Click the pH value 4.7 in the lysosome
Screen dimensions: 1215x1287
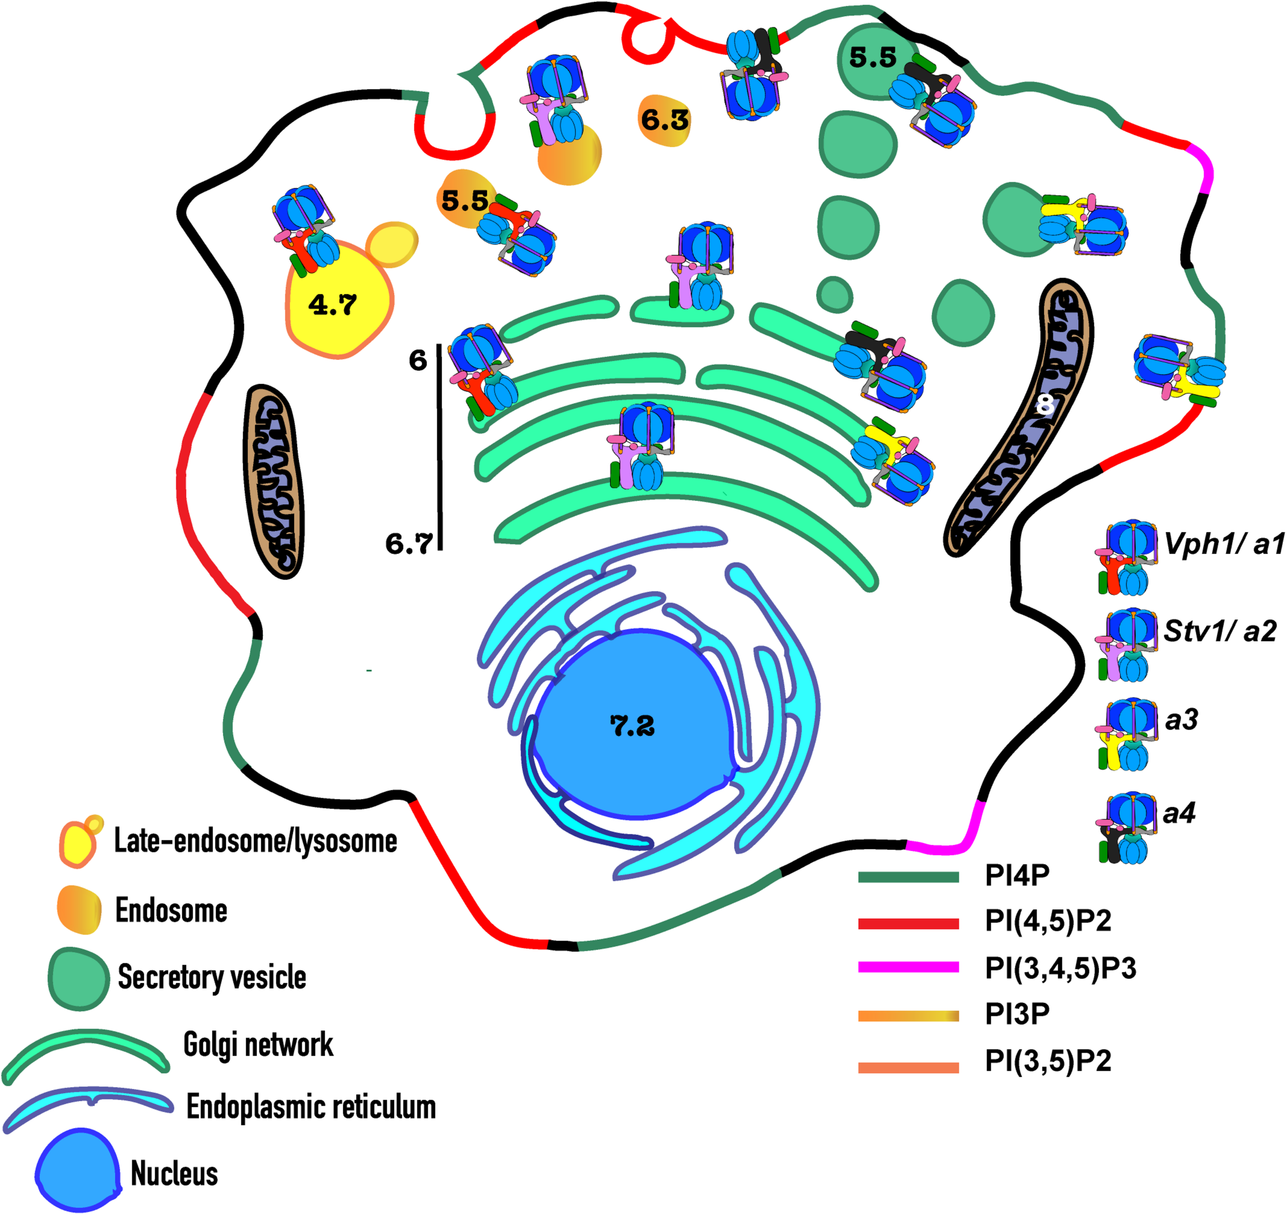[x=332, y=304]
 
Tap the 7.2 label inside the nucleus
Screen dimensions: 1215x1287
[x=632, y=726]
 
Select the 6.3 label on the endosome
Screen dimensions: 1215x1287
[x=665, y=120]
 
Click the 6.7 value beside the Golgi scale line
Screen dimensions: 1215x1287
[x=409, y=543]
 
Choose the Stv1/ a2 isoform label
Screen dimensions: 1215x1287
[x=1220, y=631]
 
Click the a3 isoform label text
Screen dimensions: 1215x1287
[x=1181, y=719]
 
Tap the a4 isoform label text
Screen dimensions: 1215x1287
[x=1179, y=812]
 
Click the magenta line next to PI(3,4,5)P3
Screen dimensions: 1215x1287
[x=908, y=967]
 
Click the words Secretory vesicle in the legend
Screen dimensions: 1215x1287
[x=212, y=977]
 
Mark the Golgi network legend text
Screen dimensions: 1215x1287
[x=258, y=1044]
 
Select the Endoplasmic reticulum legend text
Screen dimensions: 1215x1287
[x=311, y=1107]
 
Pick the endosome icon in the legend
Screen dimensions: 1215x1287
[x=79, y=910]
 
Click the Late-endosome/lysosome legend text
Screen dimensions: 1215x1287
[x=256, y=841]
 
